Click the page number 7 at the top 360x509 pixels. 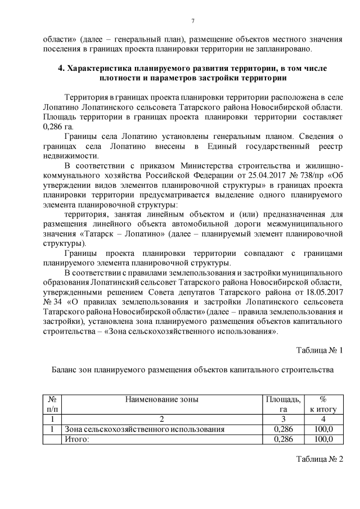[192, 21]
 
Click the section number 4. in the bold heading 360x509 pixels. [63, 68]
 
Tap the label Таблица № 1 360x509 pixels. [319, 350]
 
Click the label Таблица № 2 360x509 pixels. [319, 459]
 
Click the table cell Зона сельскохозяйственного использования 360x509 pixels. [145, 429]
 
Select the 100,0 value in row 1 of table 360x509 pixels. [323, 429]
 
